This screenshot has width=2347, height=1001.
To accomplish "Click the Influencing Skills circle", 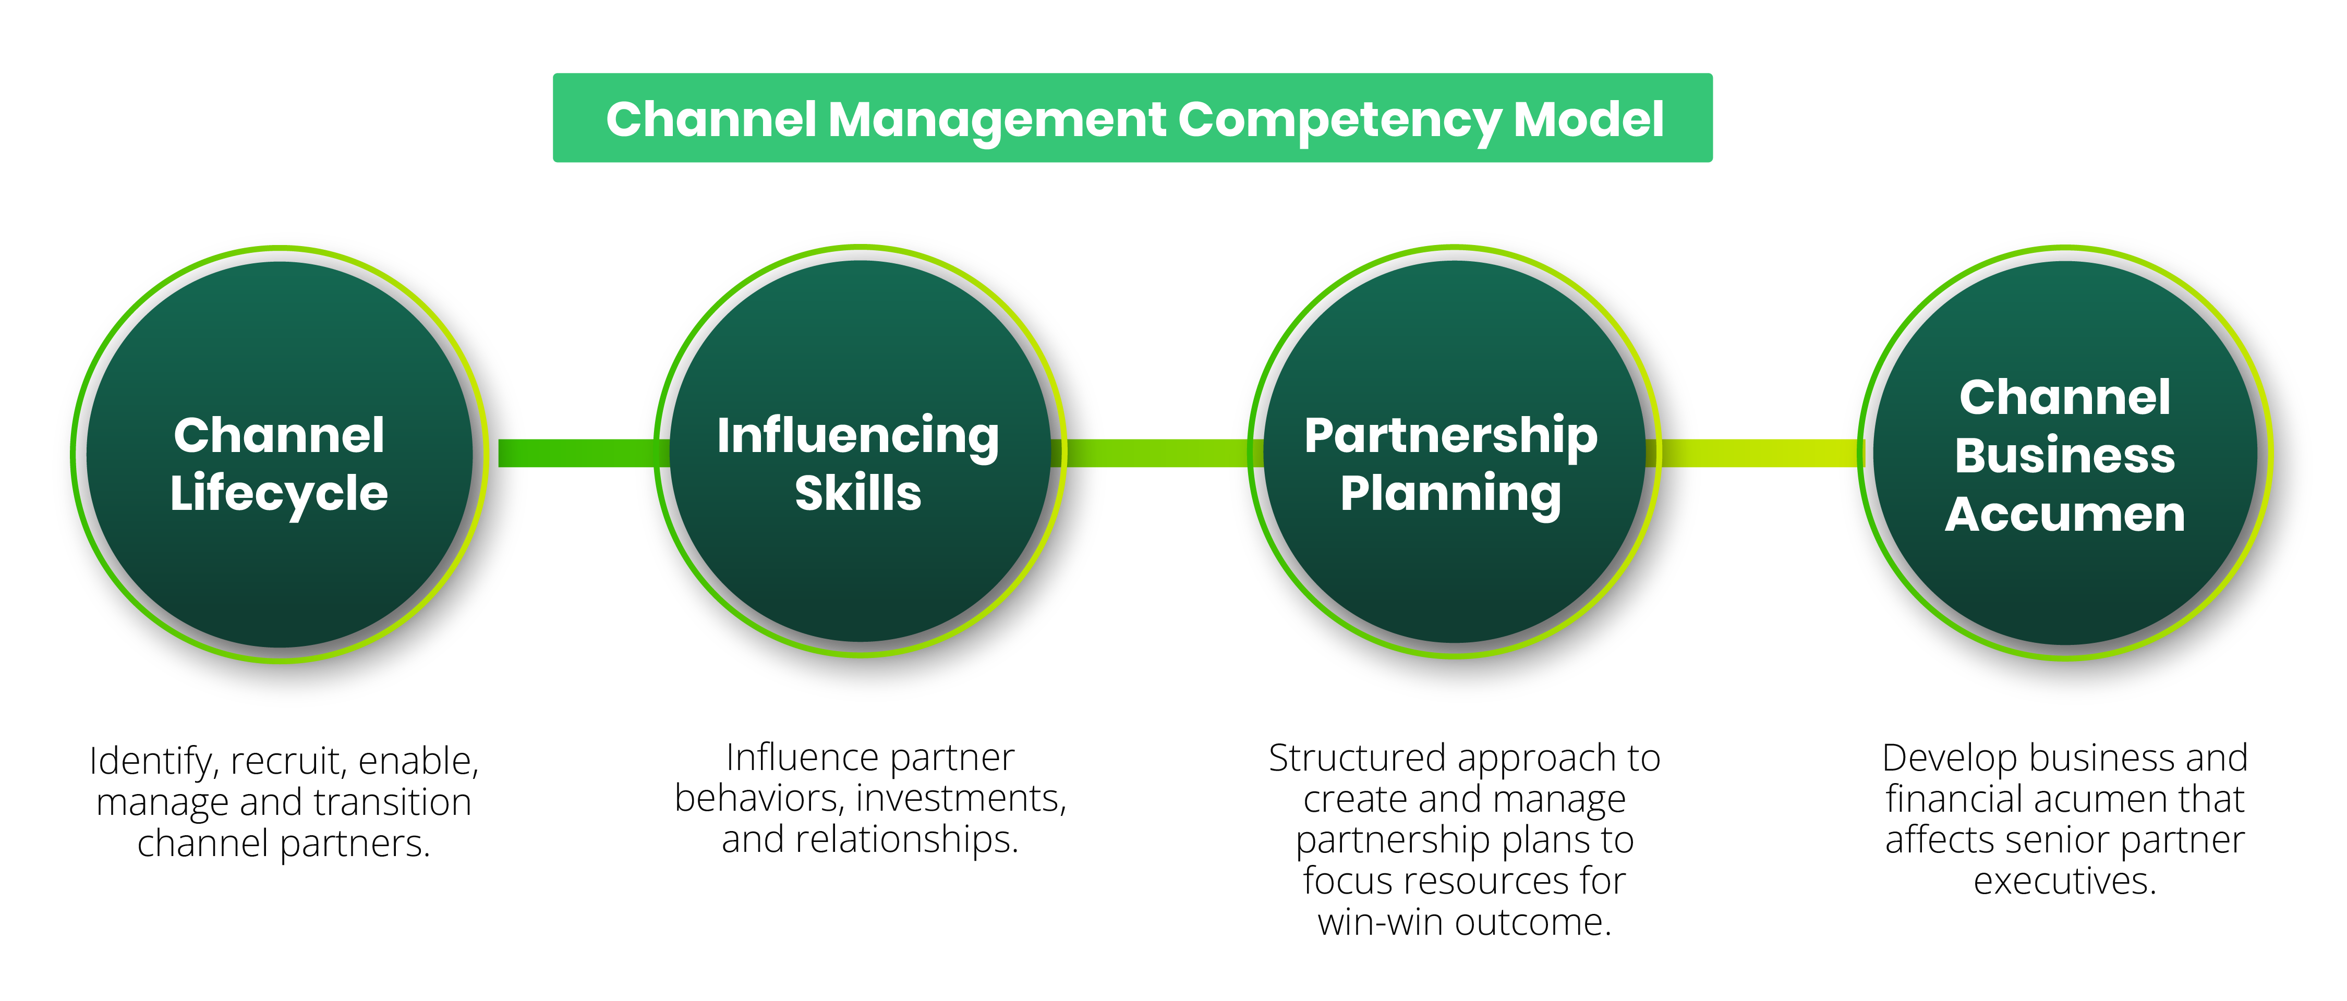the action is tap(860, 452).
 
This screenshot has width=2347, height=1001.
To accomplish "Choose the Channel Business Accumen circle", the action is tap(2065, 453).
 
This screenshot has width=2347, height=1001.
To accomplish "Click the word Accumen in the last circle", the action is tap(2065, 515).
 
